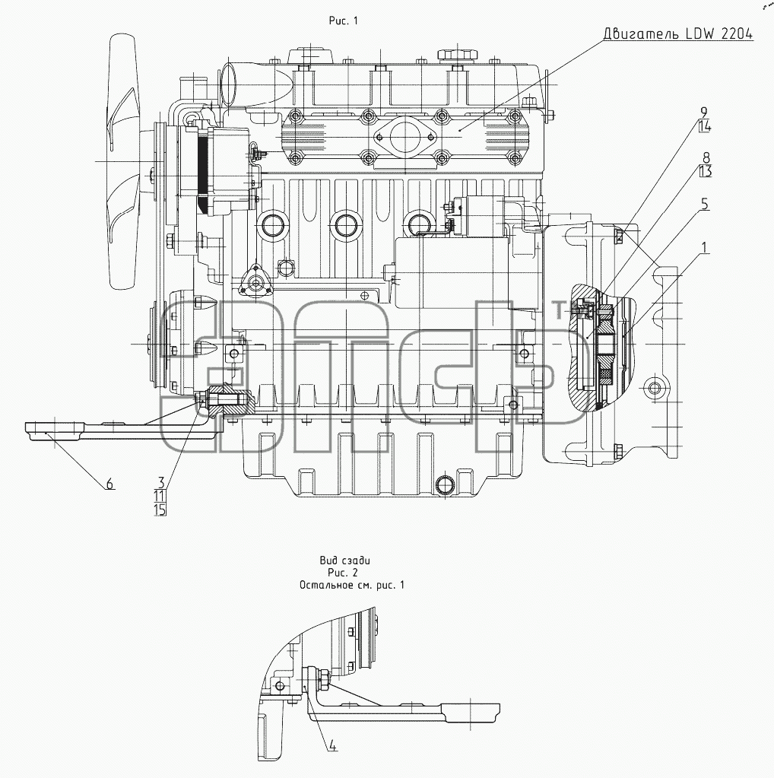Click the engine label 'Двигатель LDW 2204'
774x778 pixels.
678,33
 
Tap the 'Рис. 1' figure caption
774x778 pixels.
344,21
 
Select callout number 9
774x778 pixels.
704,113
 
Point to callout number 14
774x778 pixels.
705,126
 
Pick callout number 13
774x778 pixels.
706,172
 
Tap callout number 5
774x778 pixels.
705,204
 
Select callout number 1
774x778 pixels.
705,247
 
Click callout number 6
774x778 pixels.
110,483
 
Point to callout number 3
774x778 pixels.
161,482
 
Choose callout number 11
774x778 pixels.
160,496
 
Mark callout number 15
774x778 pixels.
160,509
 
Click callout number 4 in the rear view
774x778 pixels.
332,746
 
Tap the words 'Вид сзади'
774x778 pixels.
345,560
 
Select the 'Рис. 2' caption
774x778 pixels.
344,573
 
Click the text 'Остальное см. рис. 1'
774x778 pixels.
352,585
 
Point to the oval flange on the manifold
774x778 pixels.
404,135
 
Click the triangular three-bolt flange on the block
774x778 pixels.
256,282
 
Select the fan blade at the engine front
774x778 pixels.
122,161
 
